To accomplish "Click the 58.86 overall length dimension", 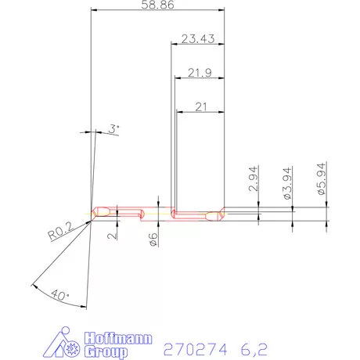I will pos(157,5).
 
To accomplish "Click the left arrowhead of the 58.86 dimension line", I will pos(94,11).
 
